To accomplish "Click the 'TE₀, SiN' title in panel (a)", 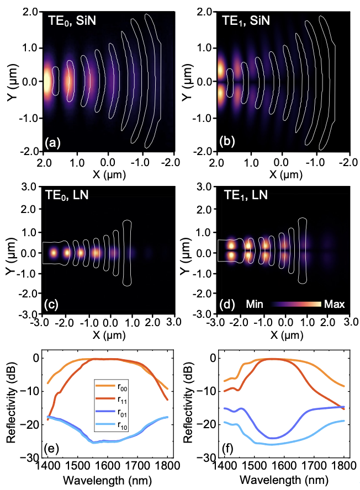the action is [x=72, y=21].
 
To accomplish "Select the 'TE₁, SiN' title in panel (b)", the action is [x=246, y=21].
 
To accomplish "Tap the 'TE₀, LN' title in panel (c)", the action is [x=67, y=195].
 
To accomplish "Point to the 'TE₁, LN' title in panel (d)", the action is [x=246, y=195].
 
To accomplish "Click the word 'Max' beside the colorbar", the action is [x=335, y=304].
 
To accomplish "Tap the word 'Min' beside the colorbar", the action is [x=255, y=304].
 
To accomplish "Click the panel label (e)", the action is [x=51, y=449].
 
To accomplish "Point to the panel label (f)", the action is [x=228, y=449].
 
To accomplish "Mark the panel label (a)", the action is [x=52, y=142].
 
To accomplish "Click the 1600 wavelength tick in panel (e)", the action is [x=107, y=466].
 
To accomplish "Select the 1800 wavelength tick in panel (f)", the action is [x=344, y=466].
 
